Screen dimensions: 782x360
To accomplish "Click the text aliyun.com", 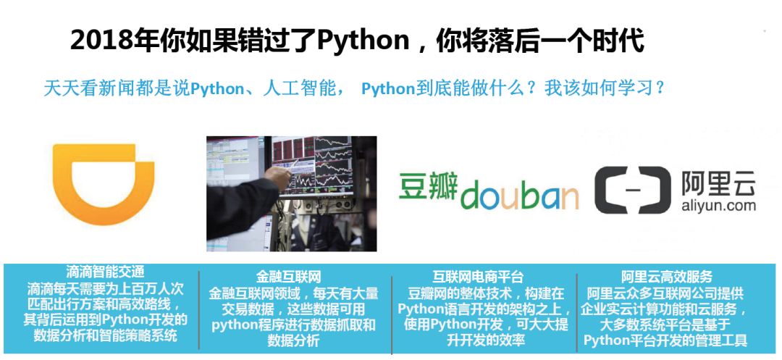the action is click(x=718, y=206).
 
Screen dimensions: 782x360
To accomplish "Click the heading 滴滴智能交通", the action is click(x=105, y=272).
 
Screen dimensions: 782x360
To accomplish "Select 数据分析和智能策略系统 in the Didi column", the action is click(x=105, y=335).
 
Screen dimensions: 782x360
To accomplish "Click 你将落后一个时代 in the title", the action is click(x=540, y=41).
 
